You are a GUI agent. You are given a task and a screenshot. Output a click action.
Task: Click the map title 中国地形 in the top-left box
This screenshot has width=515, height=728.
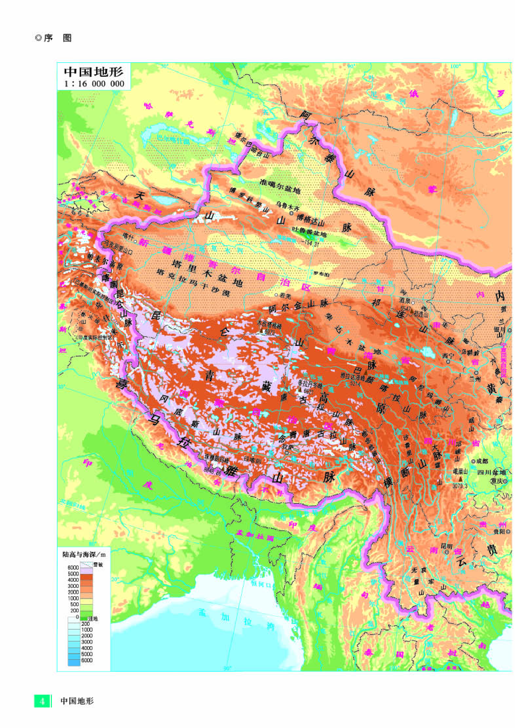pos(93,72)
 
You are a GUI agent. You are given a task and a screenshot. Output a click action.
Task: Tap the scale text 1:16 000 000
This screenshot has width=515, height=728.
pos(94,84)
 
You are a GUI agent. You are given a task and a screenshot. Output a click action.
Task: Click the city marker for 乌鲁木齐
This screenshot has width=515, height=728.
pos(292,214)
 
